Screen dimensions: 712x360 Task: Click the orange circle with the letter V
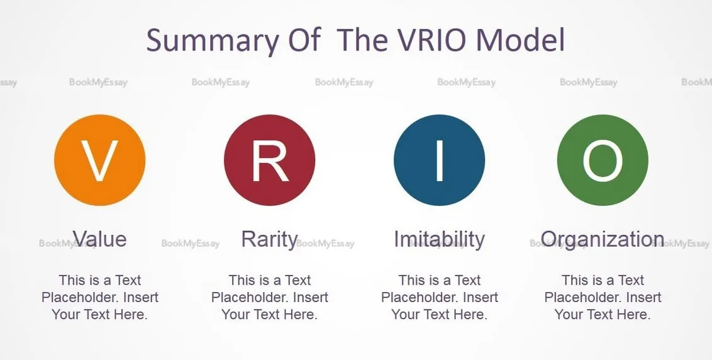tap(100, 160)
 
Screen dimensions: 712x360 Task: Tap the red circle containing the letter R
tap(270, 160)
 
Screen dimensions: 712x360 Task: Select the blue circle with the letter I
tap(440, 160)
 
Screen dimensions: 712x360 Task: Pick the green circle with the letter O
tap(603, 160)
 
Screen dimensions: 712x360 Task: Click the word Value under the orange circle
tap(100, 239)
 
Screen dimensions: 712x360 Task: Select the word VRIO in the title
tap(433, 40)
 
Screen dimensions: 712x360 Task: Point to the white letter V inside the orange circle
tap(100, 161)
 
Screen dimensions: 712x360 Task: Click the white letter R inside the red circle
tap(270, 161)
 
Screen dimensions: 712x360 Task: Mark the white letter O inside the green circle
tap(603, 160)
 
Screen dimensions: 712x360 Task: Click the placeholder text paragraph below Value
tap(100, 297)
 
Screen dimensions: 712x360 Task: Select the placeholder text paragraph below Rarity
tap(270, 297)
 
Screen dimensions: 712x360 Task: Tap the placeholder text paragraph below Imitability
tap(440, 297)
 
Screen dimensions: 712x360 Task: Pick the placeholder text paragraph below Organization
tap(603, 297)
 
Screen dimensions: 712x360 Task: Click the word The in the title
tap(364, 40)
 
